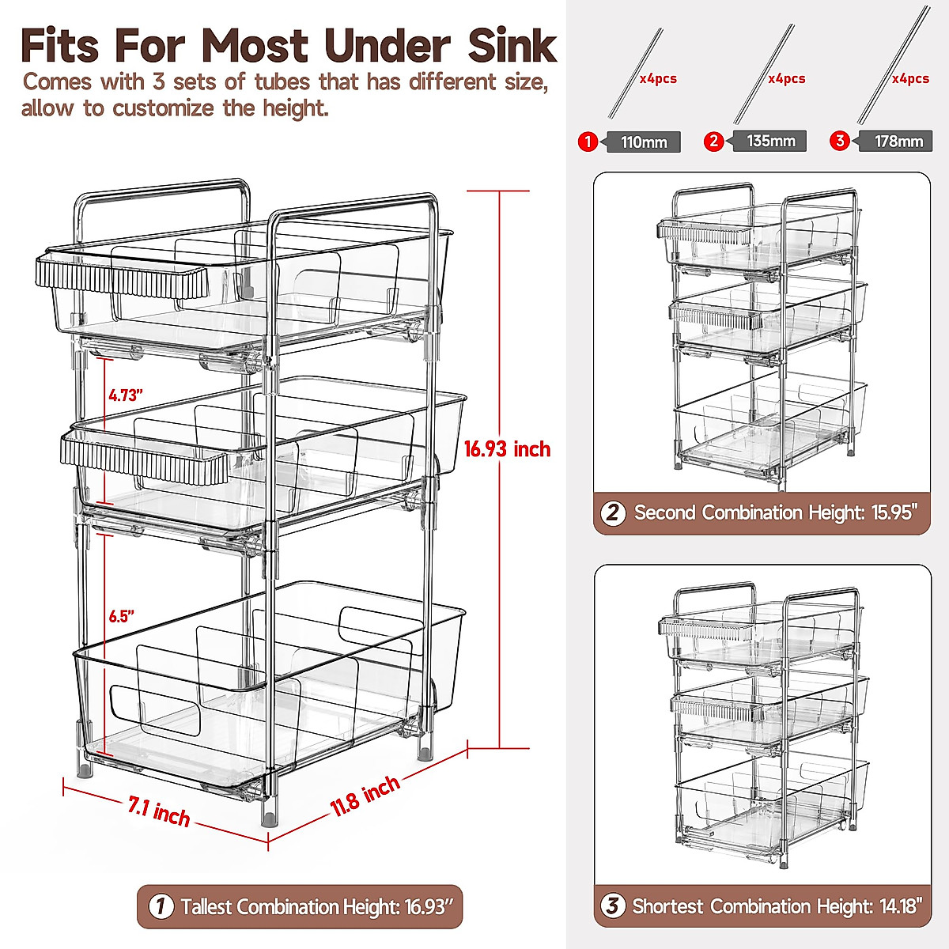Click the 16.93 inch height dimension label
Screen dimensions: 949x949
pos(507,449)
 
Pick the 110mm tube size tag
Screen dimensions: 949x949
pos(644,142)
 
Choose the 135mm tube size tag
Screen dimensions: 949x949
pos(770,142)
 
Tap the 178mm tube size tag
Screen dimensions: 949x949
pos(898,142)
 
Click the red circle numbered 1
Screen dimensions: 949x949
pos(588,142)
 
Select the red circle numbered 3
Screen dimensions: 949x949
pos(840,142)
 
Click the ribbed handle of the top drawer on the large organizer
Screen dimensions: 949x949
pos(121,278)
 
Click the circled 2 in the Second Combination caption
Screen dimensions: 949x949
pos(613,512)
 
